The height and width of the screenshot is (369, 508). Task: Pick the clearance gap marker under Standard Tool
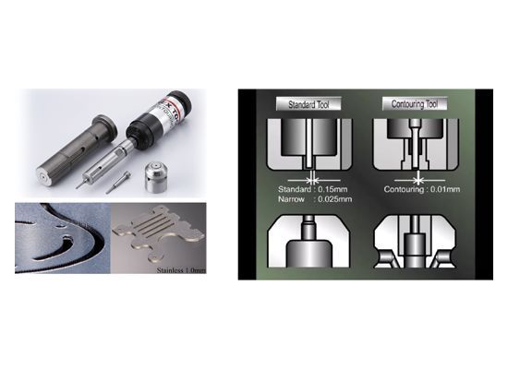pos(313,176)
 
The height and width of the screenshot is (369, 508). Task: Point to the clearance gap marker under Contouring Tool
pos(418,176)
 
